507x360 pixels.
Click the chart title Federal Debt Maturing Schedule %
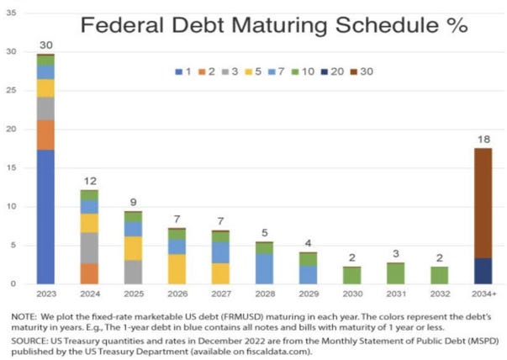(x=273, y=24)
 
